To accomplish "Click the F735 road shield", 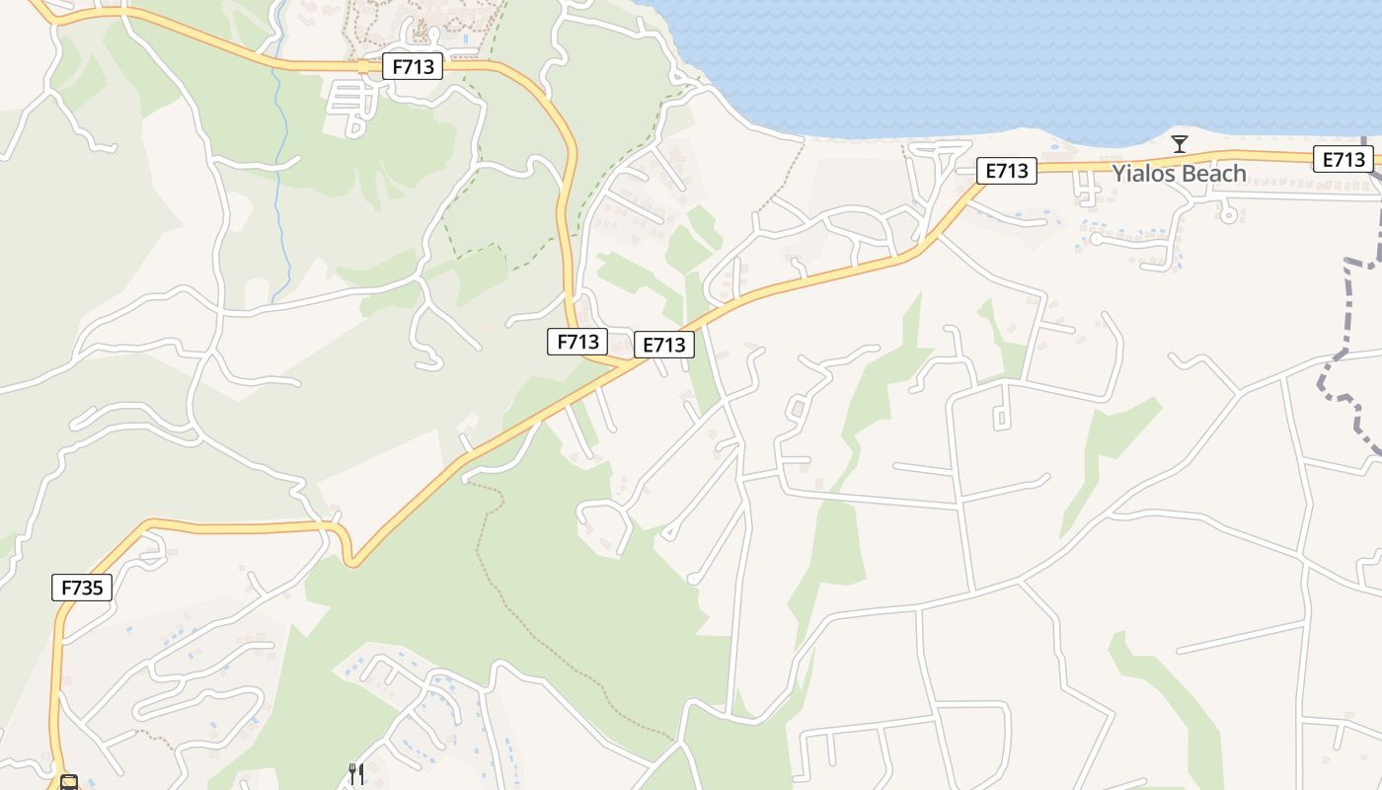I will (x=82, y=588).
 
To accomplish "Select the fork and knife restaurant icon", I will (x=355, y=773).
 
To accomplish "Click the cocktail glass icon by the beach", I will (x=1179, y=144).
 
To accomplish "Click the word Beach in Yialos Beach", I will (x=1211, y=174).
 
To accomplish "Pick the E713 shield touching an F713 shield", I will (x=663, y=345).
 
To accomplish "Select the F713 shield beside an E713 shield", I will (x=577, y=342).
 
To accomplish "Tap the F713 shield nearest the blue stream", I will (x=413, y=66).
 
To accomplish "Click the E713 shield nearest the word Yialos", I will (x=1007, y=171).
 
